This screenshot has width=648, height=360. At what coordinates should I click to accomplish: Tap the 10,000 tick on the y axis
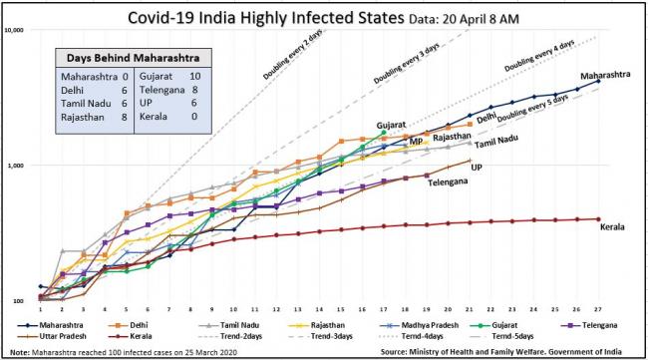click(x=15, y=30)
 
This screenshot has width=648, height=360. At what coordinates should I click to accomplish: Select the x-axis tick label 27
click(x=598, y=308)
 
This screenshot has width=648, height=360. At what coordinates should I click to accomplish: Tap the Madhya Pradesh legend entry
click(x=411, y=324)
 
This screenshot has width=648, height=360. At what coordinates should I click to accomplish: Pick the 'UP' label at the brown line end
click(x=478, y=167)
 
